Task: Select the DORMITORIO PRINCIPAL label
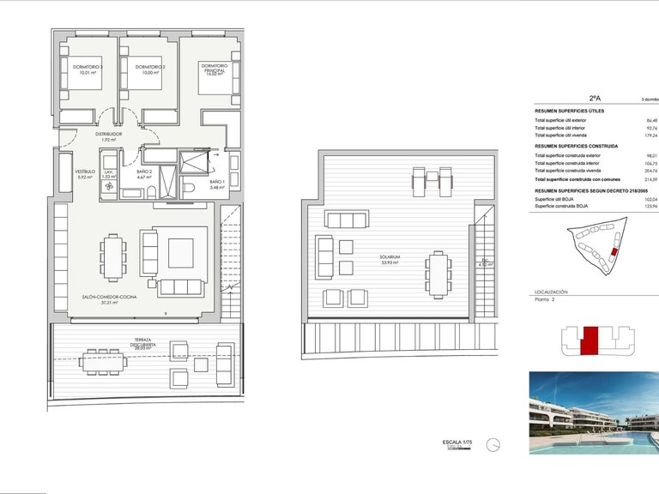click(215, 68)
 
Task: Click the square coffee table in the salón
click(181, 252)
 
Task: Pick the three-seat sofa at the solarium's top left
click(347, 220)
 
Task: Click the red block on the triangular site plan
click(612, 251)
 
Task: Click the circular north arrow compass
click(493, 444)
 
